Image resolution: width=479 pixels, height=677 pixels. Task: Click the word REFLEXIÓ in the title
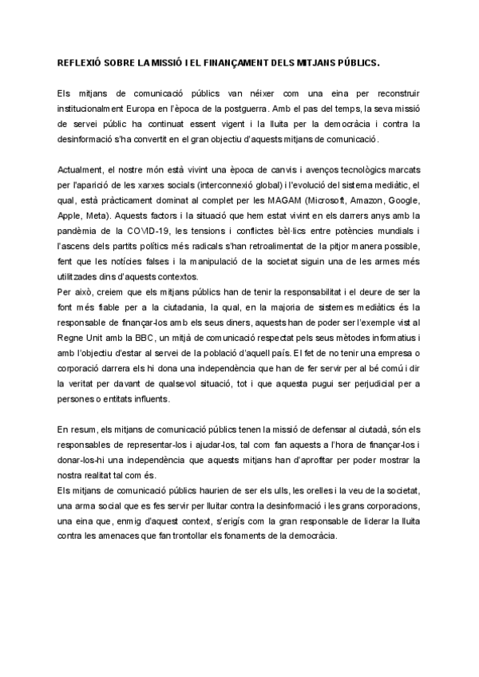[x=82, y=61]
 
